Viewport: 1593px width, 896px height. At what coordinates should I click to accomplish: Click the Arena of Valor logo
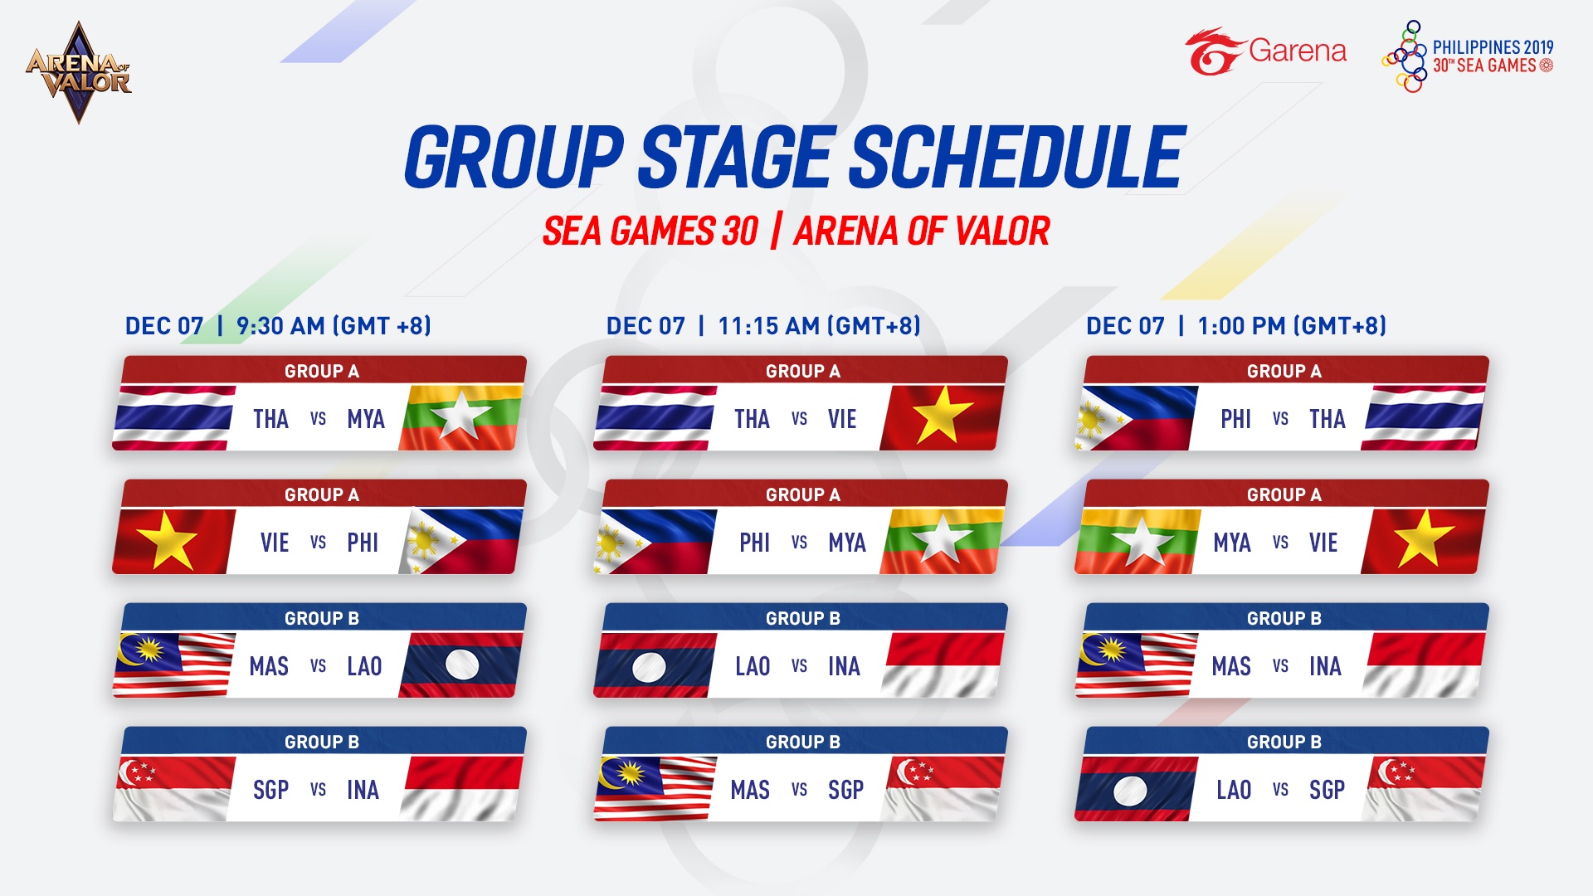79,73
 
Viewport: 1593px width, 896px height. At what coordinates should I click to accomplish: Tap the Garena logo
1265,51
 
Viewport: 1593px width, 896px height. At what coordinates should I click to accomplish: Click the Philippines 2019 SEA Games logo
1467,56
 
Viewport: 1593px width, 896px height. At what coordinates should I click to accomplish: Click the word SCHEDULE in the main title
1019,158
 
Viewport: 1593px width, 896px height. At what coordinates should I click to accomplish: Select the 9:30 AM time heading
278,326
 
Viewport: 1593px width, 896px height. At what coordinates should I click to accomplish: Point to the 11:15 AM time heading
763,326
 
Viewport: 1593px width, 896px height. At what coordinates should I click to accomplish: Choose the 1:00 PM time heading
1236,326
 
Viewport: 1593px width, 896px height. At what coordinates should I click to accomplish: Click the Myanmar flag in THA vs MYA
461,417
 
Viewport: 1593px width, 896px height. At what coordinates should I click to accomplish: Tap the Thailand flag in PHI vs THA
1423,417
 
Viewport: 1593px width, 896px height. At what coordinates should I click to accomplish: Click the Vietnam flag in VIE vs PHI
173,541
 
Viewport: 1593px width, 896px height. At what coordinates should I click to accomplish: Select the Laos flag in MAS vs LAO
461,665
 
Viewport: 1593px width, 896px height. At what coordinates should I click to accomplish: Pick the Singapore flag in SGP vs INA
173,788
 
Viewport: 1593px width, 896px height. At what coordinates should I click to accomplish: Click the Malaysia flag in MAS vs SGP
655,788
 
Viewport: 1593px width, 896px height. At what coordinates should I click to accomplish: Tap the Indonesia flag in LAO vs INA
943,665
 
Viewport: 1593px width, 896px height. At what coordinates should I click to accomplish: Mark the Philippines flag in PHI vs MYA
655,541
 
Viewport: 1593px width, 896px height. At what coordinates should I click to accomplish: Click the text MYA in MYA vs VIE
1231,543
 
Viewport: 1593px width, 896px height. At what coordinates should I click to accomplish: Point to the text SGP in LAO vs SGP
1327,790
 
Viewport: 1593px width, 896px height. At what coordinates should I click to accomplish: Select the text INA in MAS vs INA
1325,666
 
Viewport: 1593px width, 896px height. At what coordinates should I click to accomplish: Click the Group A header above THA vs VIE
803,371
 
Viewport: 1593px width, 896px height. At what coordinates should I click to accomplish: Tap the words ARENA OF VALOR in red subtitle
922,231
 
